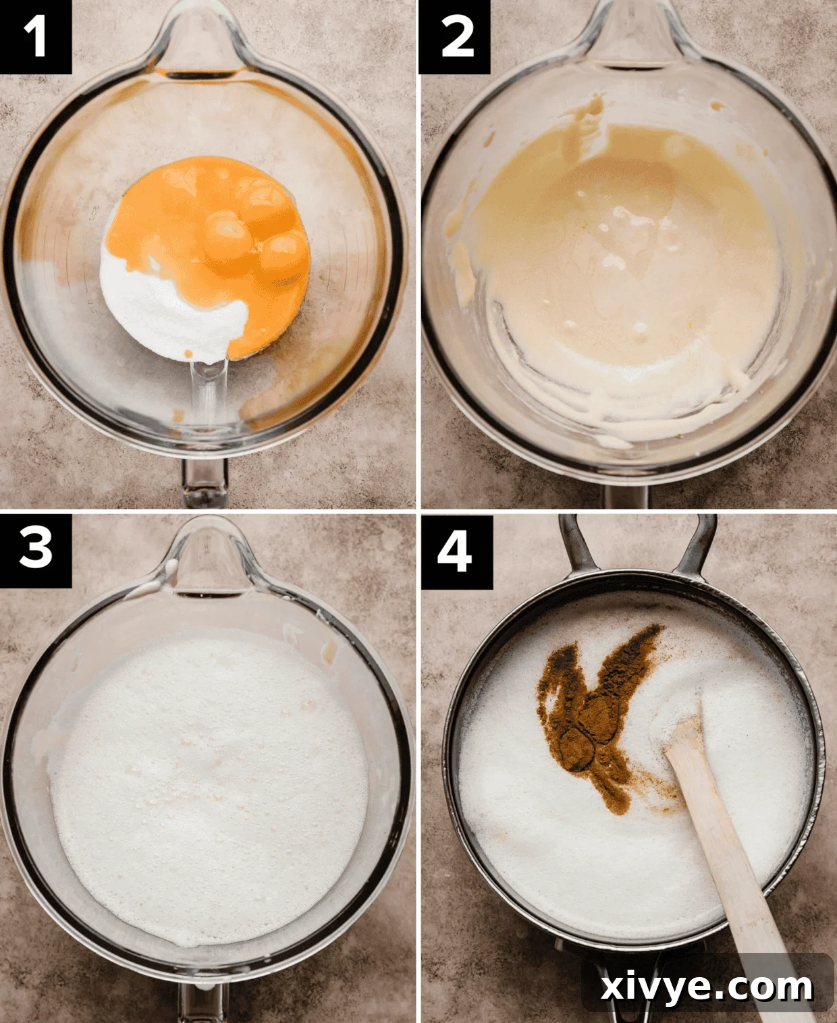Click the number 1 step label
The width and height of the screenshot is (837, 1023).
35,36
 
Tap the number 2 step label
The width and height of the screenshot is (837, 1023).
454,36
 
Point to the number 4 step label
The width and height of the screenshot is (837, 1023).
454,551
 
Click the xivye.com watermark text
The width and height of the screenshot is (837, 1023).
707,987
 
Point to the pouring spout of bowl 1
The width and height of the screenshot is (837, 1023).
202,47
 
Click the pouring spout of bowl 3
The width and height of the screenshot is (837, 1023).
202,560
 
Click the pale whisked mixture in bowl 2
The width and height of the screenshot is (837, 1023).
628,270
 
